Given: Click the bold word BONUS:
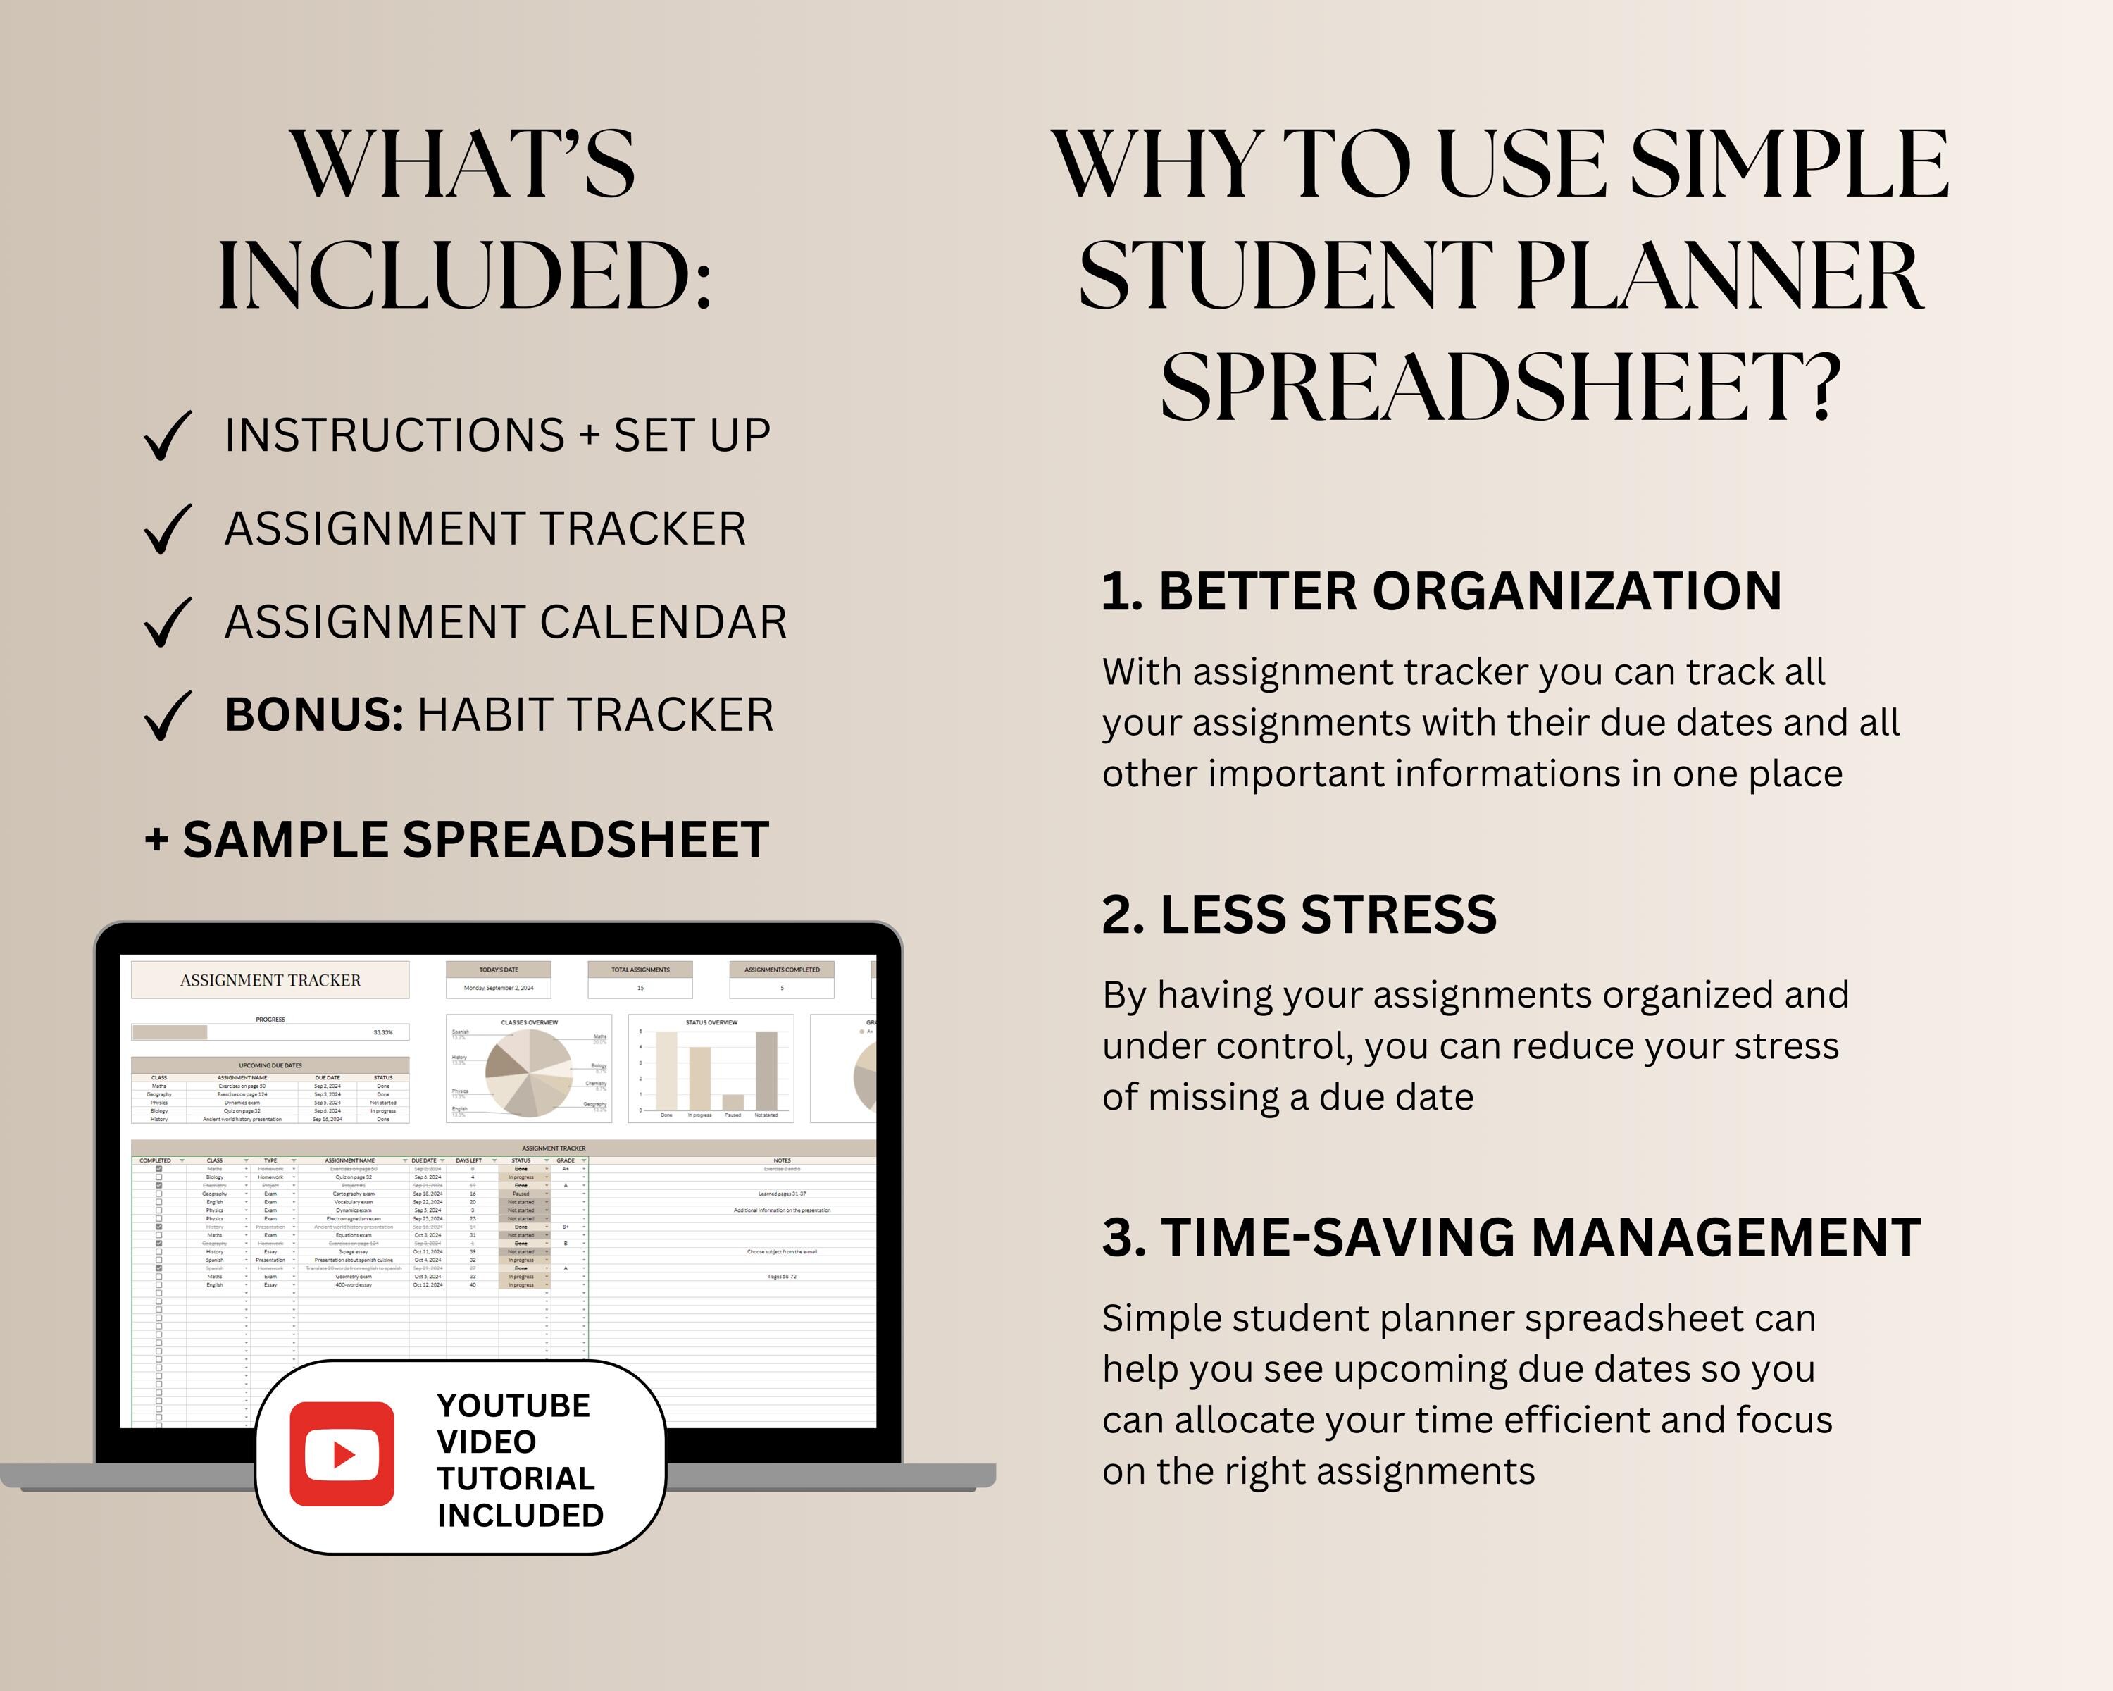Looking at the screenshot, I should [x=313, y=714].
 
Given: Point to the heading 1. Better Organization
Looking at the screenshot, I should [x=1440, y=591].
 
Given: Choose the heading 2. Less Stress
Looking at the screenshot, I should [x=1299, y=915].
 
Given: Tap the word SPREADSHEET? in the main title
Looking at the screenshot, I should [x=1500, y=388].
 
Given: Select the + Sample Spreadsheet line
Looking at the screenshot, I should [x=456, y=840].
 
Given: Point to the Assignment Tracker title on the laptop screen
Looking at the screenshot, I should [x=270, y=980].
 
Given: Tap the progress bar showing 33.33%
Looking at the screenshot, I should [x=270, y=1032].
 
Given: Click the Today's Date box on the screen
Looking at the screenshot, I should [x=498, y=979].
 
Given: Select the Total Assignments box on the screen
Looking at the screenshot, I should [x=640, y=979].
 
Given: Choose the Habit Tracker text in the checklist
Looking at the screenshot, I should [x=595, y=714].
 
